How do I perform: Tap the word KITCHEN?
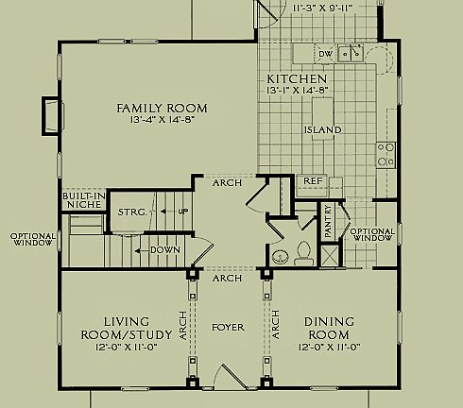(297, 78)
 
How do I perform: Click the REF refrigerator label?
(311, 180)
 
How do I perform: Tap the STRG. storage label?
(132, 212)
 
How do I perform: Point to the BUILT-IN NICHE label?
(82, 200)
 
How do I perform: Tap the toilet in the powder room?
(303, 251)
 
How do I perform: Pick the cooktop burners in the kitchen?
(386, 154)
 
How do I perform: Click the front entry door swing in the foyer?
(228, 375)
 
